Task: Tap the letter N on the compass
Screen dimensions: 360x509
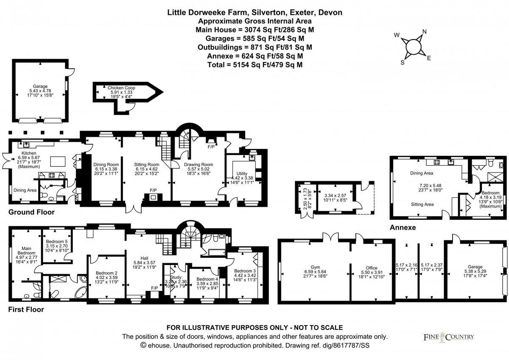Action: [x=424, y=32]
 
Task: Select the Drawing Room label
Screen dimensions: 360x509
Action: [x=198, y=164]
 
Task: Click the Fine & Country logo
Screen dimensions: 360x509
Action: [x=449, y=337]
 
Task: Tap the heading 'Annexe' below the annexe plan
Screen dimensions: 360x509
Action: [x=403, y=228]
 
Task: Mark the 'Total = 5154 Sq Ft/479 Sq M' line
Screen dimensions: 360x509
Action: [x=255, y=65]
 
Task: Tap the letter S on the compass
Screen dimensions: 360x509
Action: [x=403, y=62]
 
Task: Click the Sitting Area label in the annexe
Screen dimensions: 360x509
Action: [x=422, y=204]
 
